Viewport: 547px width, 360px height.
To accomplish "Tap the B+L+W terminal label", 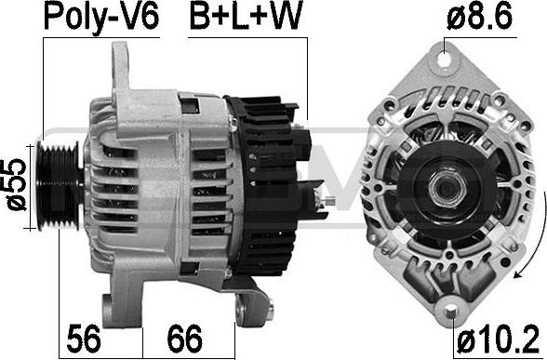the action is point(245,16).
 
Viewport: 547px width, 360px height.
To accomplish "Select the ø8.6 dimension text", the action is point(479,16).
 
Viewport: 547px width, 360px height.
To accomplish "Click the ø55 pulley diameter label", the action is point(17,184).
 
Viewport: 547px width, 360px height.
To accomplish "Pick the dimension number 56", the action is point(84,339).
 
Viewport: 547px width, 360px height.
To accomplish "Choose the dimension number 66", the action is point(184,339).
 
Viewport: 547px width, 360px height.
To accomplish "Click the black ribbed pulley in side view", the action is point(60,186).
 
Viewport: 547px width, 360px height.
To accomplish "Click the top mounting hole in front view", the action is point(444,59).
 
